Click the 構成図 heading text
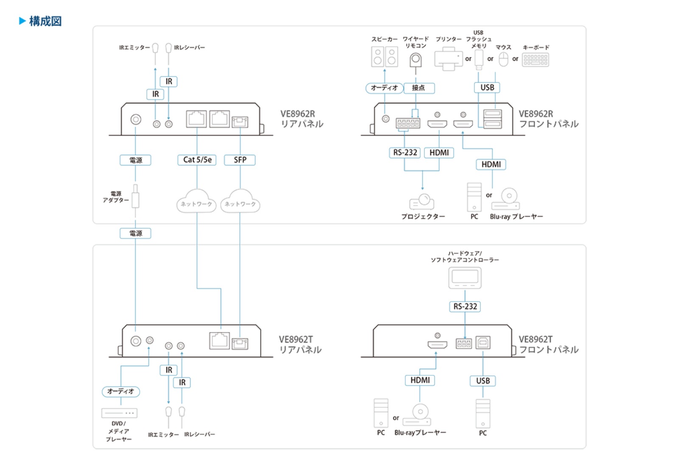(x=45, y=21)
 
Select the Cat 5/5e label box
(x=197, y=160)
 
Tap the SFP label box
(x=240, y=160)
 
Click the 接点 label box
(x=418, y=88)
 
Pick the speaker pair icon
(x=384, y=57)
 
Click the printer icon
(x=448, y=59)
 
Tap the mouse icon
(x=503, y=59)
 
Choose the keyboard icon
(x=536, y=59)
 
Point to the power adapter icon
(x=135, y=198)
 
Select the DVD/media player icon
(x=119, y=413)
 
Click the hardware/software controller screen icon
(x=465, y=278)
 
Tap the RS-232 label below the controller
(x=465, y=307)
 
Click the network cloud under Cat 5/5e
(x=196, y=201)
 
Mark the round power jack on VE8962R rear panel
(x=136, y=120)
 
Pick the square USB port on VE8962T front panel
(x=483, y=342)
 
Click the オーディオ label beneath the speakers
(x=384, y=88)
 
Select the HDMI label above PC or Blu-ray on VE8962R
(x=491, y=164)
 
